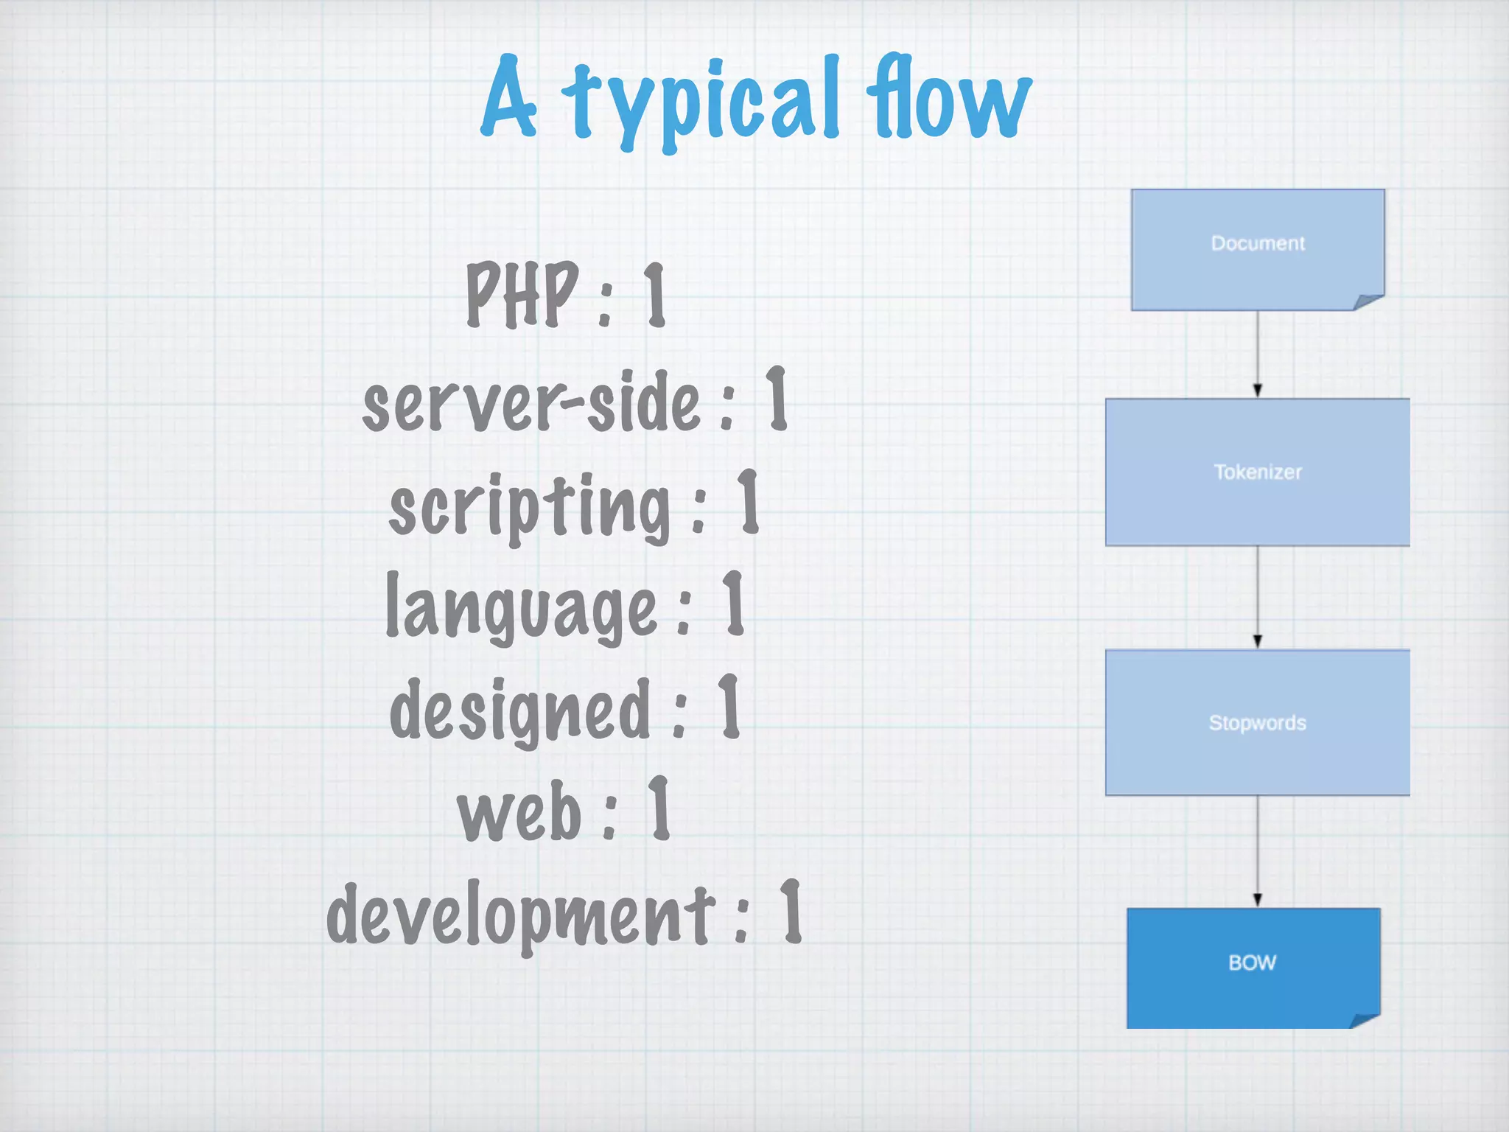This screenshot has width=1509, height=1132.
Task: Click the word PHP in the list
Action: pyautogui.click(x=522, y=294)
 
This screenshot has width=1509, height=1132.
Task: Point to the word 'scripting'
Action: pyautogui.click(x=530, y=507)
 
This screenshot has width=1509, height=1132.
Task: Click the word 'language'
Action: pyautogui.click(x=521, y=609)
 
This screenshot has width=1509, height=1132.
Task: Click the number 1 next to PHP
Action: pyautogui.click(x=655, y=295)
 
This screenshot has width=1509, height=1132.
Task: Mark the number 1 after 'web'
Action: pyautogui.click(x=659, y=808)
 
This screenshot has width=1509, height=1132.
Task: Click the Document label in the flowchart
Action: pyautogui.click(x=1258, y=243)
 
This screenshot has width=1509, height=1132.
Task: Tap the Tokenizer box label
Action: pyautogui.click(x=1258, y=472)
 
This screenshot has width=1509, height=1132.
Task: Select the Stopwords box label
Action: pyautogui.click(x=1258, y=723)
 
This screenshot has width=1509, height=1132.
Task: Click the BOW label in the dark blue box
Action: pyautogui.click(x=1252, y=962)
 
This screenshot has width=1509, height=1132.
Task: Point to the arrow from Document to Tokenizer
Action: pyautogui.click(x=1258, y=354)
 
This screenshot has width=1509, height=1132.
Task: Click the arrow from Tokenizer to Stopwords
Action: pyautogui.click(x=1258, y=598)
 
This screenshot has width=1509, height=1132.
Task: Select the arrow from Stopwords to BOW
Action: pyautogui.click(x=1258, y=852)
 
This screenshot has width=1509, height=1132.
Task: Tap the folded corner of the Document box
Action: pyautogui.click(x=1369, y=301)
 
